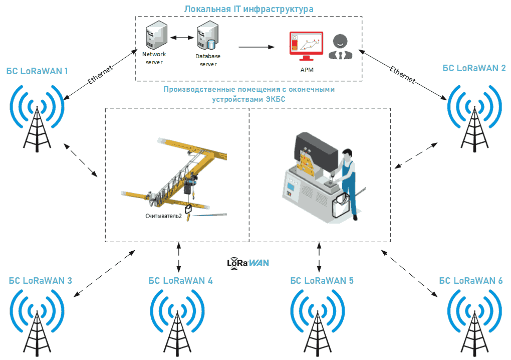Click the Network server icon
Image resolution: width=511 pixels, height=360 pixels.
(x=156, y=35)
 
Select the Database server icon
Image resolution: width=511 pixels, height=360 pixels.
(x=207, y=35)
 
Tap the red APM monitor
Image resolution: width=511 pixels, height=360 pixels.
(x=306, y=46)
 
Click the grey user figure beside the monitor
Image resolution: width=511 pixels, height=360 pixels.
(x=340, y=47)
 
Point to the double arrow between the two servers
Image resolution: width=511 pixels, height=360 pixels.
(x=182, y=38)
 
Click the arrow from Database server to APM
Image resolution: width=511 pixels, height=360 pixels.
(x=257, y=47)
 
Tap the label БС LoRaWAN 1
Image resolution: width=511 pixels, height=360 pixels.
(x=37, y=71)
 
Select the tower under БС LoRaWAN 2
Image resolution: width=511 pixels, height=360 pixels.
(x=474, y=130)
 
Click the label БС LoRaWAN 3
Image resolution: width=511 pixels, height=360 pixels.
(x=41, y=280)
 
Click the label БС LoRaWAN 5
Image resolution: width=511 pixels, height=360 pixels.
(x=322, y=280)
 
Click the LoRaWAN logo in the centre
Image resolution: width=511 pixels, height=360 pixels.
(x=248, y=263)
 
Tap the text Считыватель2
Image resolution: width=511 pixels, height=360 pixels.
(x=163, y=216)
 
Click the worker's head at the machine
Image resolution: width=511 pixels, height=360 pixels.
(x=347, y=154)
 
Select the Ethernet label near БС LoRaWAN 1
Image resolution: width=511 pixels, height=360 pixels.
(x=100, y=75)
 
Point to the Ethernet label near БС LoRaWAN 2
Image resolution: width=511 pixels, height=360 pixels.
(x=402, y=75)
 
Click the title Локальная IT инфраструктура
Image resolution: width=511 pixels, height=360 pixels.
(x=248, y=9)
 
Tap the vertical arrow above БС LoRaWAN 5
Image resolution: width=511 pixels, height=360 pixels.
(x=319, y=257)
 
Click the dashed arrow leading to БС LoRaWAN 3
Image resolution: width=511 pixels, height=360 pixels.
(x=104, y=273)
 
